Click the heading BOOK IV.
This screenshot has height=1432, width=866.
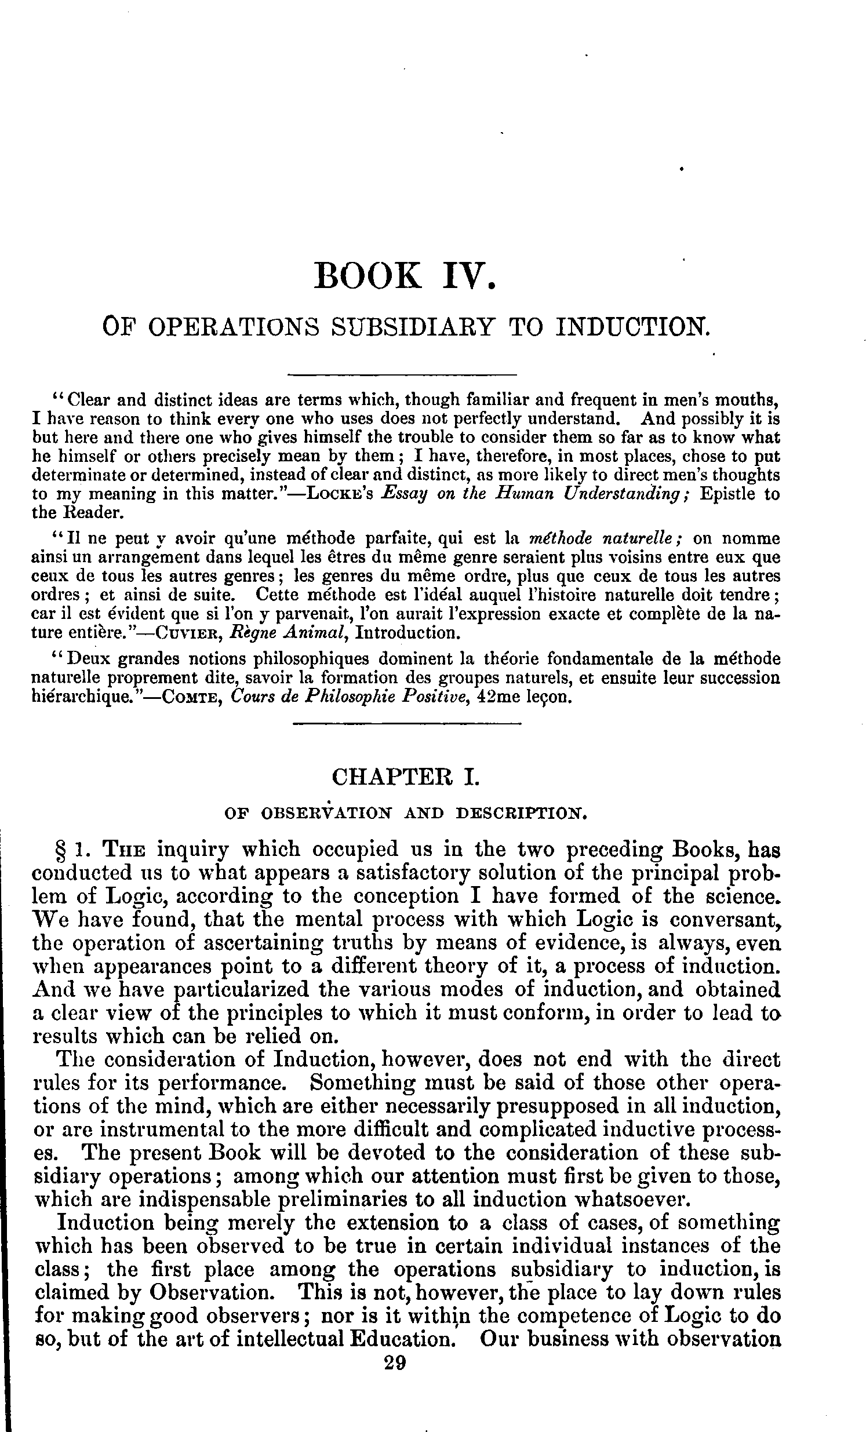coord(405,276)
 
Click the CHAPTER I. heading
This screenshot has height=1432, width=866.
coord(405,777)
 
